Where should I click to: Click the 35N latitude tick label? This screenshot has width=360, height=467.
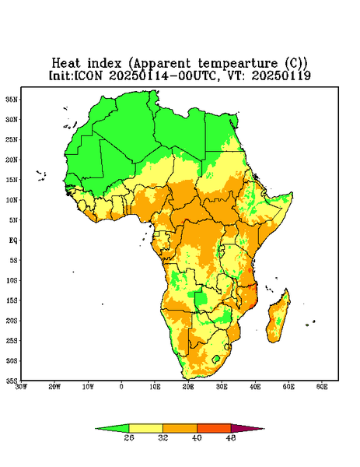pyautogui.click(x=12, y=99)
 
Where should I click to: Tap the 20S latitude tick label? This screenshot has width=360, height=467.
pyautogui.click(x=12, y=321)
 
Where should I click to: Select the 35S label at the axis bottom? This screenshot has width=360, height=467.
pyautogui.click(x=12, y=381)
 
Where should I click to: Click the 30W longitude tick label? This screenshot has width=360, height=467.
pyautogui.click(x=21, y=387)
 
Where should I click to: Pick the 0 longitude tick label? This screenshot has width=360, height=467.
pyautogui.click(x=121, y=387)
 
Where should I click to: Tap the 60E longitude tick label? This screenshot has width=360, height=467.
pyautogui.click(x=322, y=387)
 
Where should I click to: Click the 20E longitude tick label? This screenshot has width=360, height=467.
pyautogui.click(x=188, y=387)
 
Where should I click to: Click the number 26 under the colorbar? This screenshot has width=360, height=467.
pyautogui.click(x=129, y=437)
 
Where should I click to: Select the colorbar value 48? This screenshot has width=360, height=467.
pyautogui.click(x=231, y=437)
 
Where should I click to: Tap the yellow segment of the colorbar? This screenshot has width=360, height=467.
pyautogui.click(x=145, y=428)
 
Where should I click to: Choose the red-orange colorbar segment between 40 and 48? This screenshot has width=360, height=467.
pyautogui.click(x=214, y=428)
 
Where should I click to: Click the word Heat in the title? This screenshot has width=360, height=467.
pyautogui.click(x=66, y=64)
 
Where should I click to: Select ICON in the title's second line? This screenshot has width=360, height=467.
pyautogui.click(x=88, y=75)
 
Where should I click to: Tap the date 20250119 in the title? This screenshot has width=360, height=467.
pyautogui.click(x=281, y=75)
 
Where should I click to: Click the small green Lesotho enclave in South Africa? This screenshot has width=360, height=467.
pyautogui.click(x=216, y=359)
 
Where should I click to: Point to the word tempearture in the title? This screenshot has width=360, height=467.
pyautogui.click(x=238, y=64)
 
